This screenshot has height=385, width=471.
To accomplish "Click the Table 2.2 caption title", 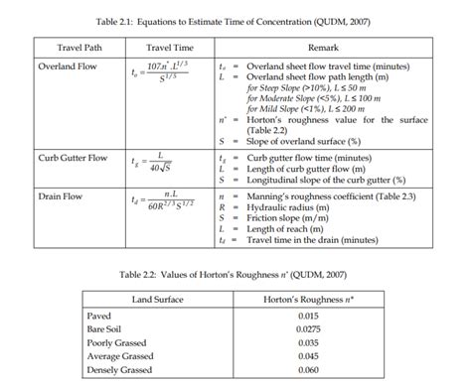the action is pyautogui.click(x=235, y=273).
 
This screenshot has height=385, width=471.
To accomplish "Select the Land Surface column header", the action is pyautogui.click(x=161, y=298).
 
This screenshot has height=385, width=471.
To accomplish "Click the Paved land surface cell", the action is pyautogui.click(x=99, y=317).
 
